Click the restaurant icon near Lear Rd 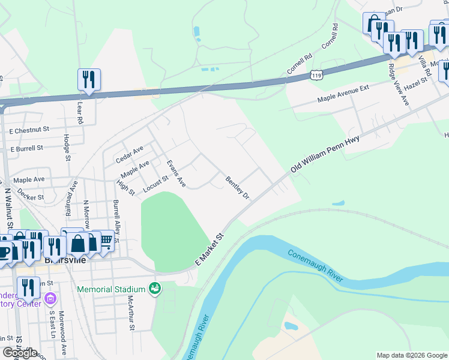pos(89,79)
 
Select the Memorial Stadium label pos(111,290)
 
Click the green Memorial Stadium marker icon pos(155,289)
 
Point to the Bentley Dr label pos(237,187)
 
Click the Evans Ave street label pos(176,173)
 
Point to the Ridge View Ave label pos(399,85)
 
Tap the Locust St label pos(155,185)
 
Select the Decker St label pos(31,196)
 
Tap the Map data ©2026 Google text pos(411,355)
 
